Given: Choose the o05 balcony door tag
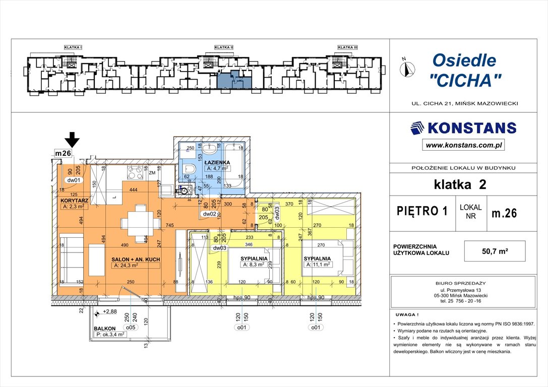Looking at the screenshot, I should [131, 327].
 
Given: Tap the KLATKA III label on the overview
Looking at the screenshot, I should [347, 47].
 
